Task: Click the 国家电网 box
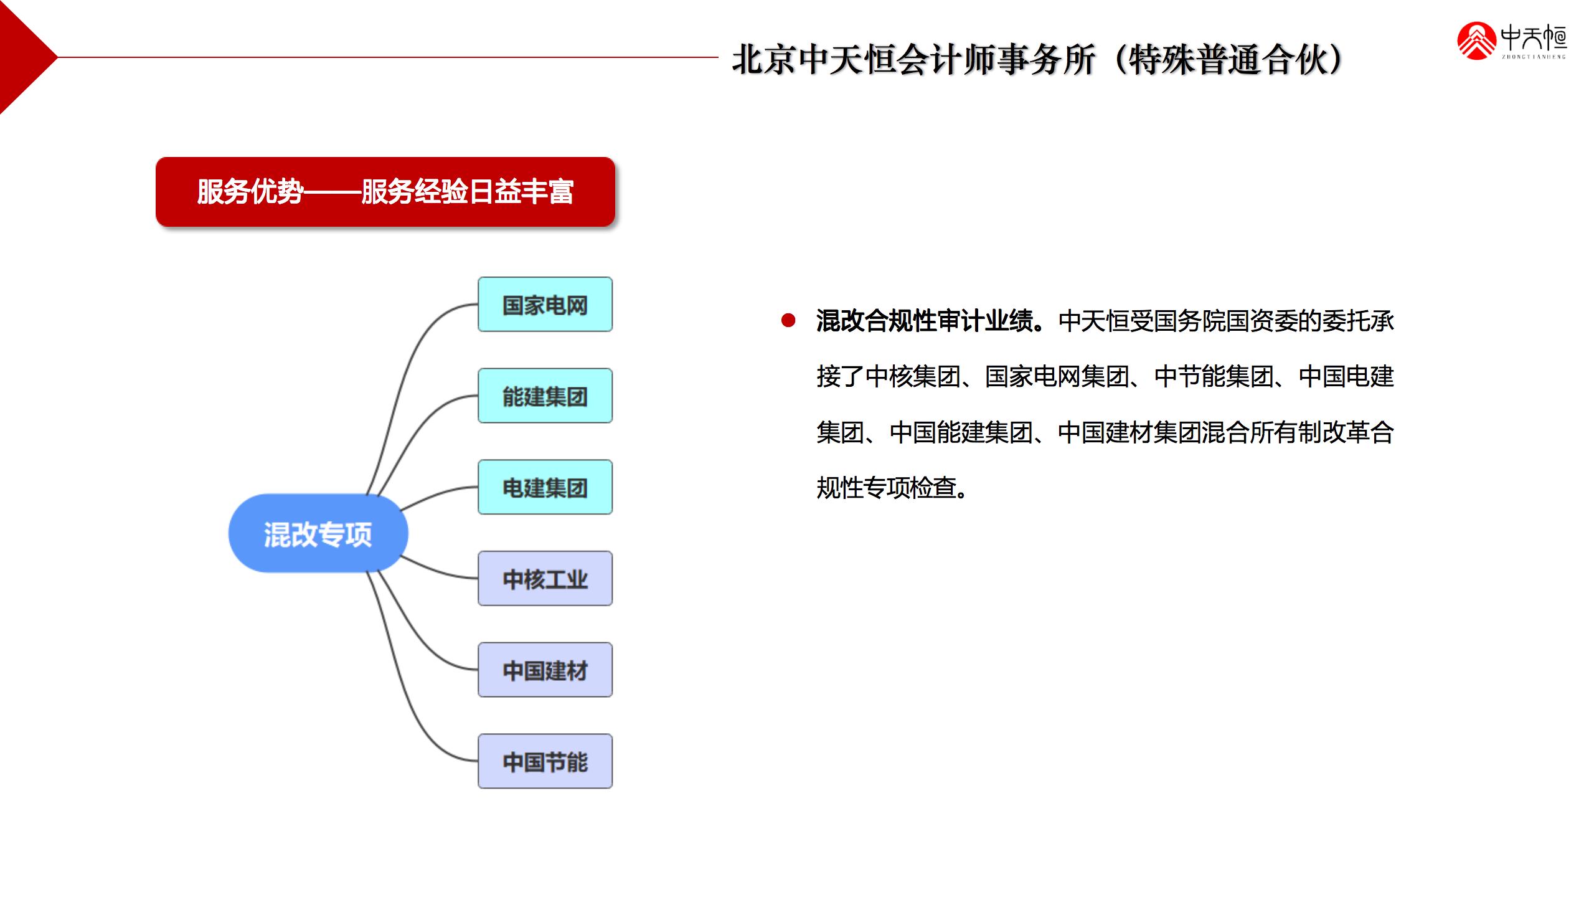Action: tap(545, 305)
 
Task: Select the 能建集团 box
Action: tap(545, 396)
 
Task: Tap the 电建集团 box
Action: tap(545, 487)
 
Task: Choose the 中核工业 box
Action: tap(545, 579)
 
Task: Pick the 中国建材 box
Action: tap(545, 670)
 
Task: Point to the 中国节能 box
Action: tap(545, 761)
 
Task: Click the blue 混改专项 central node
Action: tap(318, 534)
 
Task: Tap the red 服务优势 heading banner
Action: tap(385, 192)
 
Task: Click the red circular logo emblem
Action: tap(1476, 41)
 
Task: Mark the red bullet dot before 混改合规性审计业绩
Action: tap(788, 321)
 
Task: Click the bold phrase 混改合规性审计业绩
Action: tap(924, 321)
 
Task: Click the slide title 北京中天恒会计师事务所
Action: tap(913, 60)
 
